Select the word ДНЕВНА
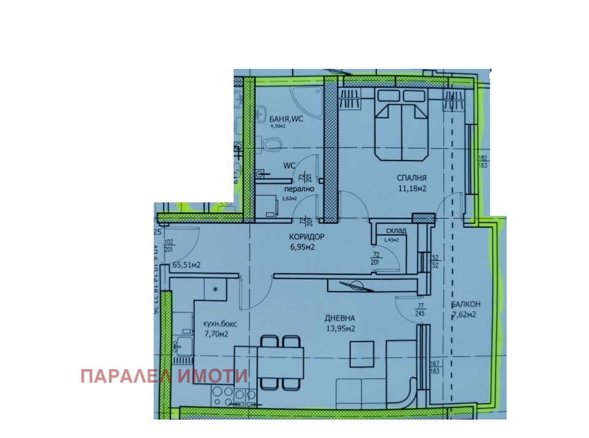coord(341,318)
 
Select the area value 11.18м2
coord(411,189)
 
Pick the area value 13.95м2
coord(341,328)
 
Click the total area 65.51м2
coord(187,265)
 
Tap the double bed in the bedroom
coord(402,123)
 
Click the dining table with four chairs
coord(280,363)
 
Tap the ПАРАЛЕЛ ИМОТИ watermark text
coord(164,376)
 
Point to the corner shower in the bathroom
coord(306,100)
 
